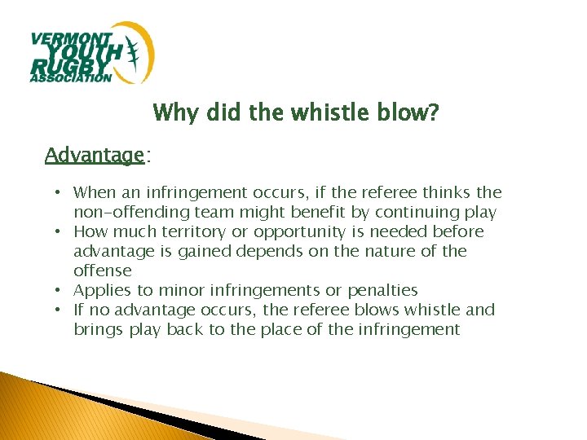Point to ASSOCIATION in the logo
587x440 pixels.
coord(70,78)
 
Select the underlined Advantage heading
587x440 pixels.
coord(95,155)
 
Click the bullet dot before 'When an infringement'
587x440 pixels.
coord(60,193)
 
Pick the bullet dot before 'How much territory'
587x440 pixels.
coord(60,232)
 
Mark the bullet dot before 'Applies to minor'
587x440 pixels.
coord(60,291)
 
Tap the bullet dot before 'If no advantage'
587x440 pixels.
coord(60,310)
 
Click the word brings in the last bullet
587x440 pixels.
coord(95,330)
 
